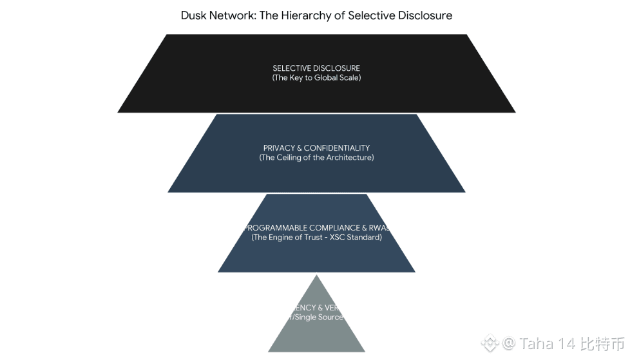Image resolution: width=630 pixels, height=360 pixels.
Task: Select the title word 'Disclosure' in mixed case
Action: (424, 15)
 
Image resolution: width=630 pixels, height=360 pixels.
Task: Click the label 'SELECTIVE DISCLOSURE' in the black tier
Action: (316, 68)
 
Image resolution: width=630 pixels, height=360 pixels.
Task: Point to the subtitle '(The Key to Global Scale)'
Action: (316, 78)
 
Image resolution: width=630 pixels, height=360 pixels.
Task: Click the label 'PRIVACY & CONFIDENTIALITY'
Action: (316, 148)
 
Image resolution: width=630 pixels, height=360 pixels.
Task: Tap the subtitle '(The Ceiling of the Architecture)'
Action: (316, 158)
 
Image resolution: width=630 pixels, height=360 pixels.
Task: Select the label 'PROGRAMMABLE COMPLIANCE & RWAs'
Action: (316, 228)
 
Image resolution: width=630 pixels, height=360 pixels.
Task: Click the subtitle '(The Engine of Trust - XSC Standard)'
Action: (316, 238)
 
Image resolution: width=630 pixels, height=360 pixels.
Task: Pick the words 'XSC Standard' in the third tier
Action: (357, 238)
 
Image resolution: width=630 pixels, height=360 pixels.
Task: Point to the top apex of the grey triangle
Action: (316, 276)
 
